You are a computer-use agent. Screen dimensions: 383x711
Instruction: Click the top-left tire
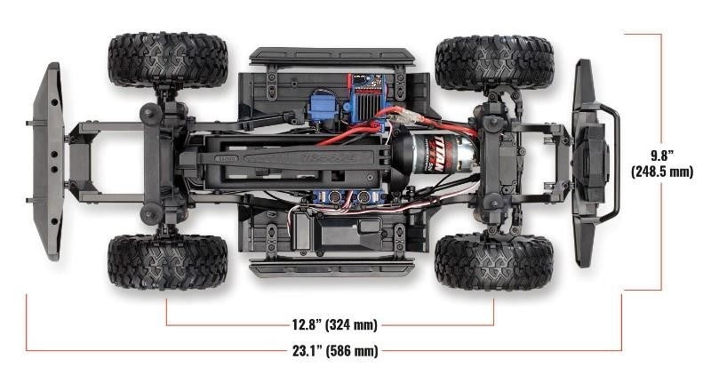coord(168,60)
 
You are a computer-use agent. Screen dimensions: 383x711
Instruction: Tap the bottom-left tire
coord(167,261)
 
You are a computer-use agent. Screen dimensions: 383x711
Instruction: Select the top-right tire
coord(494,62)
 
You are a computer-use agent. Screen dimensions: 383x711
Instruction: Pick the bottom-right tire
coord(494,261)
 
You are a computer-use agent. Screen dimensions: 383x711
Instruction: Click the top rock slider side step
coord(332,56)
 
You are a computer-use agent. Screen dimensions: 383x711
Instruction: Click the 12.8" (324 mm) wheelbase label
coord(329,325)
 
